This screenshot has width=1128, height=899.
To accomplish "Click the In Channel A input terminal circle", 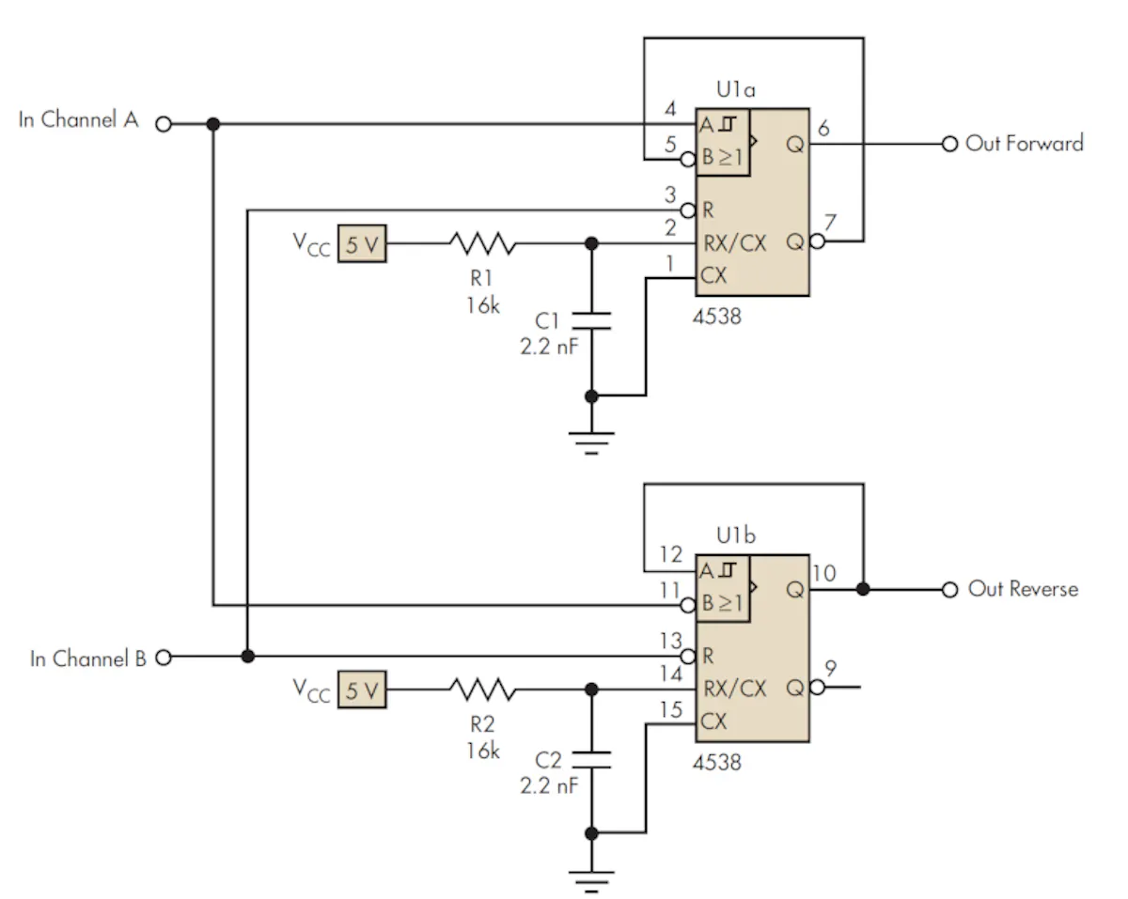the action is point(164,124).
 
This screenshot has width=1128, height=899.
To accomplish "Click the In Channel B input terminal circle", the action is point(164,657).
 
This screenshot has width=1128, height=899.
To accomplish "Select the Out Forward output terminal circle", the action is point(949,144).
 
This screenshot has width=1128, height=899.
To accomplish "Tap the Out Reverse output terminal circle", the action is point(949,590).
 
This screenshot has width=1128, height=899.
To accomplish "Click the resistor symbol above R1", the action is point(483,243).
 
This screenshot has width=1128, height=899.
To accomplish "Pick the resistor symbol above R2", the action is point(483,690).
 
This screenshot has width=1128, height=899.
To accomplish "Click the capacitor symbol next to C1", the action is point(591,320).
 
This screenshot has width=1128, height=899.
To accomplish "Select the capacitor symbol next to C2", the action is point(591,760).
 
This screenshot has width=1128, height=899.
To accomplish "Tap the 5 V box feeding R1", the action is point(362,243).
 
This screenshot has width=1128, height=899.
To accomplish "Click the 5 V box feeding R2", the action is point(362,690).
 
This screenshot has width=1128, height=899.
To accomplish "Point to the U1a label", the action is point(736,89).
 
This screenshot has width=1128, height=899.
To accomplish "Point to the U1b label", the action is point(736,535).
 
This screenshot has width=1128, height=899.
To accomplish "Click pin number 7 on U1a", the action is point(830,222).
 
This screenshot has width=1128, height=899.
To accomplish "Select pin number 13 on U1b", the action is point(670,641).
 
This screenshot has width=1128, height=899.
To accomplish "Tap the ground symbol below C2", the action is point(591,881).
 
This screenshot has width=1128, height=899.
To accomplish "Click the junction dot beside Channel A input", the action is point(212,124).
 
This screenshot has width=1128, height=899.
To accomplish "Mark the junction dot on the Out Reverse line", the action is point(863,589).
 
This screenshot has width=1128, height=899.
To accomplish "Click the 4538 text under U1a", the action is point(717,317).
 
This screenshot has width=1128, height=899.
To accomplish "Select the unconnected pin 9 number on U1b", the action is point(831,669).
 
